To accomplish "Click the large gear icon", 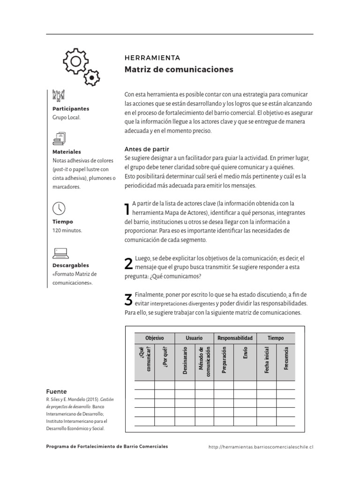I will click(x=75, y=61).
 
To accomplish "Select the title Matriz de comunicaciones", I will click(x=179, y=70).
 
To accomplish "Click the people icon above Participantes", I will click(x=59, y=95).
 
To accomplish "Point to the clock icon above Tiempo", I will click(x=59, y=208).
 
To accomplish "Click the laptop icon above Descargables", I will click(x=60, y=253).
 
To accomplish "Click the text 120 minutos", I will click(x=67, y=231).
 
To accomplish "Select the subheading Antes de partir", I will click(x=146, y=149).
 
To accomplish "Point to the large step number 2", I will click(x=128, y=264).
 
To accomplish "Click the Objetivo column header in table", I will click(x=155, y=338).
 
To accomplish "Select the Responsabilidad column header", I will click(x=235, y=338).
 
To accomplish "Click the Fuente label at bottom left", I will click(x=56, y=391).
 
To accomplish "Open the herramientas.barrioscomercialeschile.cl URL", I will click(x=261, y=447).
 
